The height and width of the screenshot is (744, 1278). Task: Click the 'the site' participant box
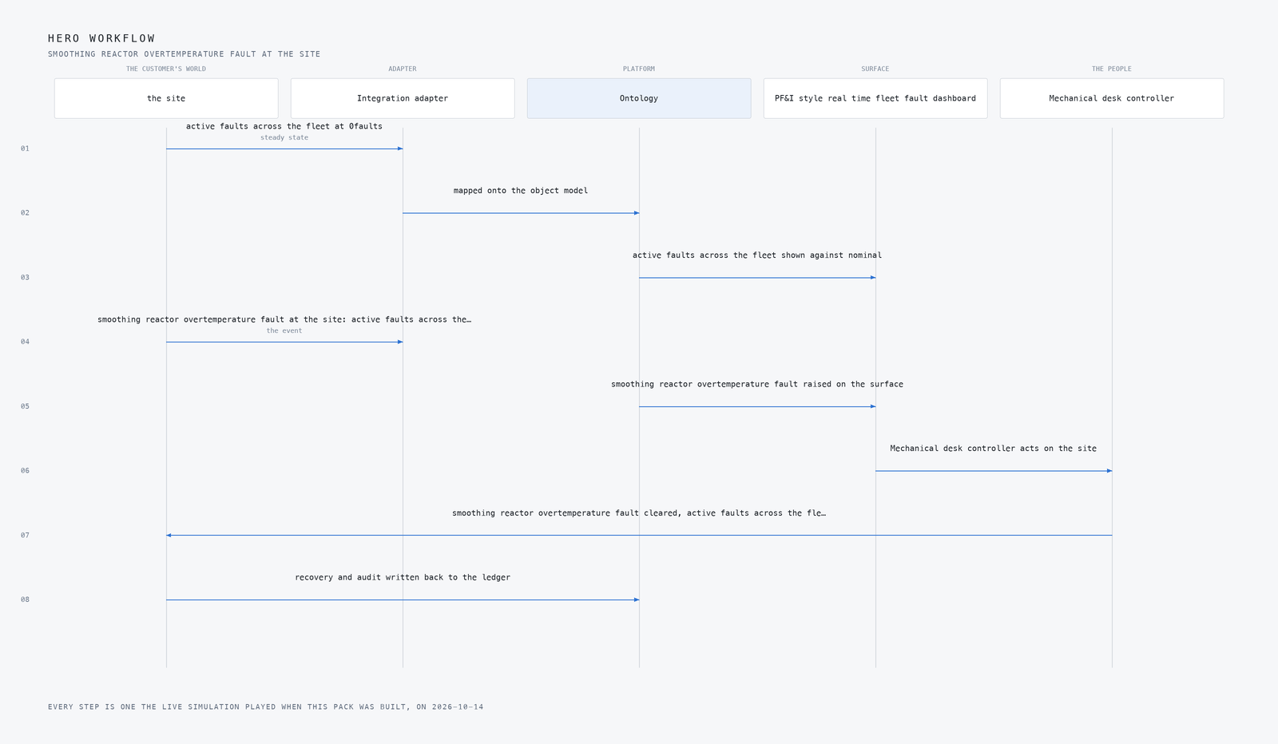coord(166,98)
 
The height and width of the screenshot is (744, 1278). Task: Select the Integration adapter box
coord(403,98)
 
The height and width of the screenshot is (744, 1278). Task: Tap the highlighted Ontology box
coord(639,98)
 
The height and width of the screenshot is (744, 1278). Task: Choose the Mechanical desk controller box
coord(1111,98)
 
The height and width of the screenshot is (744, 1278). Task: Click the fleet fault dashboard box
coord(875,98)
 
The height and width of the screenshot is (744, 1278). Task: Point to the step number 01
coord(25,148)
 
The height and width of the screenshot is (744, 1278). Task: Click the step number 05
coord(25,406)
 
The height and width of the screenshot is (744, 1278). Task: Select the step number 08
coord(25,600)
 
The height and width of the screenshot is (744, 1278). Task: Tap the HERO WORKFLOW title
coord(101,38)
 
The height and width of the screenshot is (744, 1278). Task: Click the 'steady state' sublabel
coord(284,137)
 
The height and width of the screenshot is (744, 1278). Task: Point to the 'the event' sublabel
coord(284,330)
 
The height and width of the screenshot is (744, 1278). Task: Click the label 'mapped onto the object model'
coord(520,191)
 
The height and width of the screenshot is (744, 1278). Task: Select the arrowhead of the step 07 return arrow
coord(169,536)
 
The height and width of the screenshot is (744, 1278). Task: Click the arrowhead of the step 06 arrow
coord(1109,471)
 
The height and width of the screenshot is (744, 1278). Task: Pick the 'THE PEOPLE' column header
coord(1111,69)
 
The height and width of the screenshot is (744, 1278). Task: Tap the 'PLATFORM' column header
coord(639,69)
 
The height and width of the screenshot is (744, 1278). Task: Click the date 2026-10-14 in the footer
coord(458,707)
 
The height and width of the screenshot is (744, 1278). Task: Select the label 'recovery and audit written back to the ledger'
coord(403,577)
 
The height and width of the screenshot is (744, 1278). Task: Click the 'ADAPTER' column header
coord(403,69)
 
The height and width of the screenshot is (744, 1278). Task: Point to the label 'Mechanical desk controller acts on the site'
coord(994,449)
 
